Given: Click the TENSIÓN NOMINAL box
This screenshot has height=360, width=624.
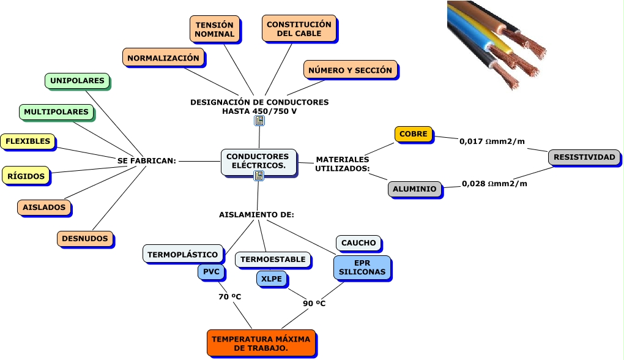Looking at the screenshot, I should click(x=214, y=29).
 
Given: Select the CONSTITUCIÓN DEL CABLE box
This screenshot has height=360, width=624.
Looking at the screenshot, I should click(x=299, y=29).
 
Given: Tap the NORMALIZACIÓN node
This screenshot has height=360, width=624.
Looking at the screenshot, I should click(x=163, y=58).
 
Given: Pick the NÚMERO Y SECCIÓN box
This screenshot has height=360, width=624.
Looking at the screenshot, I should click(x=350, y=70).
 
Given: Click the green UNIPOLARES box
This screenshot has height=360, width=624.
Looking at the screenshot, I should click(x=77, y=80).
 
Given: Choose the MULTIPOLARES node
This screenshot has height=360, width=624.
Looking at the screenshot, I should click(x=57, y=112).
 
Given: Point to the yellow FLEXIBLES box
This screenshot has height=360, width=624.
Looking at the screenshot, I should click(x=28, y=141).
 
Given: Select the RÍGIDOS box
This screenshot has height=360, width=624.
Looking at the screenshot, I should click(x=26, y=176).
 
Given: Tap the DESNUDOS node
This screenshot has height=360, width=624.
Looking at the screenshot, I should click(x=85, y=239).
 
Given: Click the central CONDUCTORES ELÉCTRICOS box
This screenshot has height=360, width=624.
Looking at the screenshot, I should click(x=258, y=161).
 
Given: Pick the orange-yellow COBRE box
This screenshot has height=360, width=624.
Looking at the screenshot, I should click(x=414, y=134).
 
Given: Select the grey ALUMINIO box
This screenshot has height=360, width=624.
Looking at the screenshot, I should click(x=415, y=189).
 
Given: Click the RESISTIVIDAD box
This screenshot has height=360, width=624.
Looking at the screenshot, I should click(x=584, y=157).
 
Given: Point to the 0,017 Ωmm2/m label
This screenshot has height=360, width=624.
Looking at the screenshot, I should click(x=492, y=141).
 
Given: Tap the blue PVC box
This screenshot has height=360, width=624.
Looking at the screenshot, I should click(x=211, y=271).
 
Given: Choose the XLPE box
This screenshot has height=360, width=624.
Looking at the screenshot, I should click(x=272, y=279).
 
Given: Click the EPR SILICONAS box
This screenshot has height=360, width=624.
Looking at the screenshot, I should click(x=362, y=267).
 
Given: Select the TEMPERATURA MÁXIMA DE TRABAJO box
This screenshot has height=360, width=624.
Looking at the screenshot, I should click(x=261, y=343).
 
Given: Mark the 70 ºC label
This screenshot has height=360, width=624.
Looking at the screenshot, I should click(x=230, y=297).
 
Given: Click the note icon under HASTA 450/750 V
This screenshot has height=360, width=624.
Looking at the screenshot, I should click(x=259, y=121).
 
